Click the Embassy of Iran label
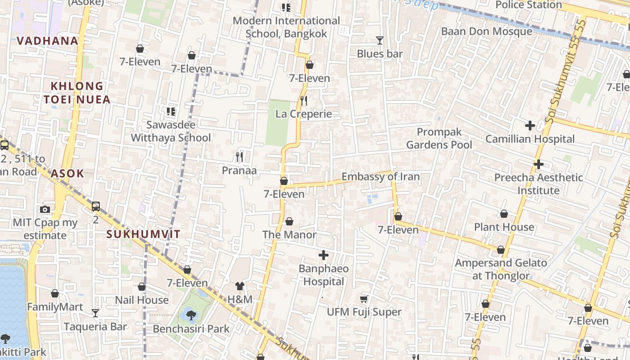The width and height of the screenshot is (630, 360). [x=380, y=176]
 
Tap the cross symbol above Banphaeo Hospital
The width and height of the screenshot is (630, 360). [x=323, y=256]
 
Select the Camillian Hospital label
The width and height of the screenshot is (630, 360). [x=530, y=139]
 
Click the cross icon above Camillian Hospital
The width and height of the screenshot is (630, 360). [x=530, y=126]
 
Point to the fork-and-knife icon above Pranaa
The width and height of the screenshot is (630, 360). [x=239, y=157]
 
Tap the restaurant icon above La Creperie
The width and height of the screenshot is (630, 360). [x=304, y=100]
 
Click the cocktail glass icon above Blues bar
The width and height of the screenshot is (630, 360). [x=379, y=40]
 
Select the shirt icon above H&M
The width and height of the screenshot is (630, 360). [x=239, y=286]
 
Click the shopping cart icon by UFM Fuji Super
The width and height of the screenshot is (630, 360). [x=364, y=299]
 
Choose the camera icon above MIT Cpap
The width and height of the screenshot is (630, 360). [x=45, y=209]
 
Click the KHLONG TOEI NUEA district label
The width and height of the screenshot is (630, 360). [x=77, y=93]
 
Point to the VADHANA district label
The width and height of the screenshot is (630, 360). [x=48, y=41]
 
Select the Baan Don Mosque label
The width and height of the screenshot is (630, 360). [x=486, y=31]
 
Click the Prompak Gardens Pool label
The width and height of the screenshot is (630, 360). [x=439, y=138]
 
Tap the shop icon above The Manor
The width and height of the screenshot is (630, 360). [x=289, y=221]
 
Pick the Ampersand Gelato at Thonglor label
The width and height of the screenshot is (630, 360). [x=501, y=269]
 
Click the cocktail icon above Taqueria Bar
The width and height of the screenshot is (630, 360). [x=95, y=313]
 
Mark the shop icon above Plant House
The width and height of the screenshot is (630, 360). [x=504, y=214]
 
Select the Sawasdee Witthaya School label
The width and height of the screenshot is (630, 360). [x=171, y=131]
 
